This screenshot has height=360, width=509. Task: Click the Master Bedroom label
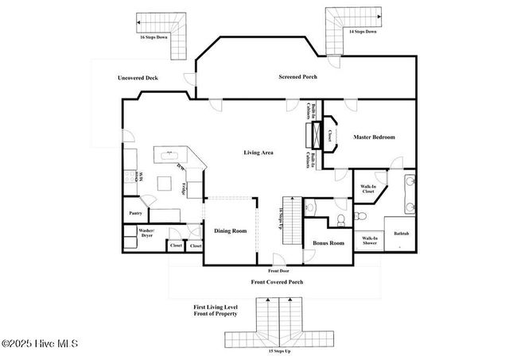[374, 137]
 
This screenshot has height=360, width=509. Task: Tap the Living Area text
[258, 152]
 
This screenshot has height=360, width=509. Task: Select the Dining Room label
[231, 231]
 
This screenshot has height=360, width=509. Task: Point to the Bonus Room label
[328, 242]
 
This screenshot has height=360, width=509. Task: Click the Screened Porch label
[298, 77]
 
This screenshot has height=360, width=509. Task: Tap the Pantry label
[135, 213]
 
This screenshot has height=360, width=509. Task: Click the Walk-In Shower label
[370, 241]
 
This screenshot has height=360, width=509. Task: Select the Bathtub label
[401, 234]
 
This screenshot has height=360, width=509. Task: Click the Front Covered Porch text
[278, 281]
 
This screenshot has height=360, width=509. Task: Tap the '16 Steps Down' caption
[153, 37]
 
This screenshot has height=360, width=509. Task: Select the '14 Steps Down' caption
[363, 31]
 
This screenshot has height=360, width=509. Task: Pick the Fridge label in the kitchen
[185, 189]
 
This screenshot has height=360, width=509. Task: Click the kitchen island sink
[169, 154]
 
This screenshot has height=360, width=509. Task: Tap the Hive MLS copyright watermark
[40, 343]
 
